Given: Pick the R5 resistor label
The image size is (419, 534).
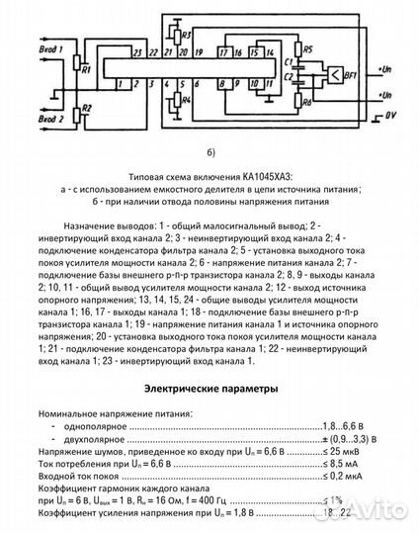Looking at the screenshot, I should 281,48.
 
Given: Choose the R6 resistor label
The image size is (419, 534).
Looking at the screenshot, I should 281,100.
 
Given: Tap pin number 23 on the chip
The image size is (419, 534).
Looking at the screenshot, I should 137,49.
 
